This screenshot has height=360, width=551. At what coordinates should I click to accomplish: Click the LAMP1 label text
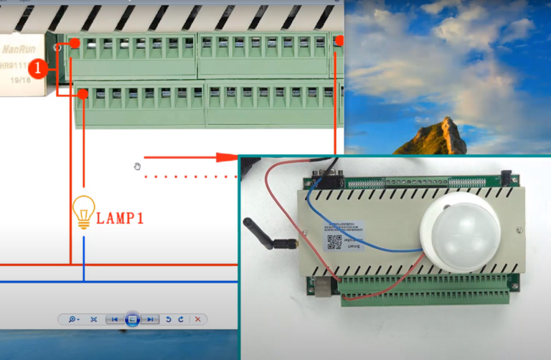point(120,218)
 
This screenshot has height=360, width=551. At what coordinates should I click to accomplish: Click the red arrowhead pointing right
point(227,156)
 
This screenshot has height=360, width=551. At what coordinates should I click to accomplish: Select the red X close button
point(197,319)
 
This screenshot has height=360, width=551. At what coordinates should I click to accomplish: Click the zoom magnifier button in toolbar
point(74,319)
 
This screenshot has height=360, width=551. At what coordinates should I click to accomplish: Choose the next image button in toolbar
point(150,319)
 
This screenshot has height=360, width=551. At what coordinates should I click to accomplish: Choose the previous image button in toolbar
point(113,319)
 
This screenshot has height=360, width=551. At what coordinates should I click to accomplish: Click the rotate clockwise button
point(181,319)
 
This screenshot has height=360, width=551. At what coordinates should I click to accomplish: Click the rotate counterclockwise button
point(168,319)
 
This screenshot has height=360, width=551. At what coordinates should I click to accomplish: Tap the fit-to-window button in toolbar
point(93,319)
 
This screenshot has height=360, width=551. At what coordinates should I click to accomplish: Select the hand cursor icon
point(137,167)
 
